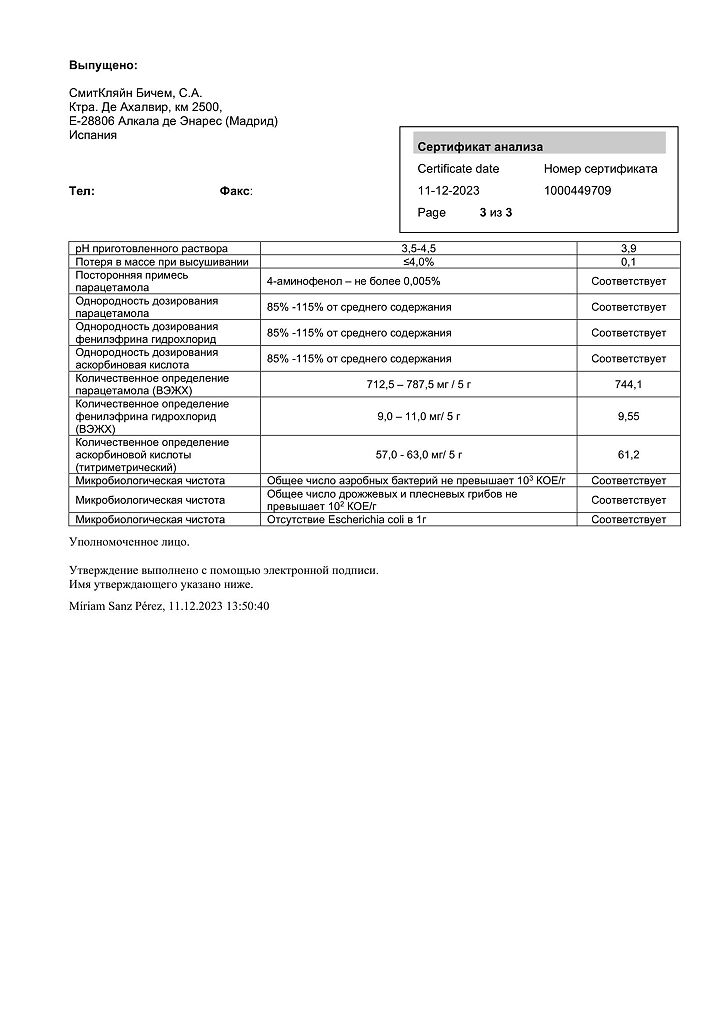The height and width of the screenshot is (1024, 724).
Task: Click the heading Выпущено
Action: coord(103,65)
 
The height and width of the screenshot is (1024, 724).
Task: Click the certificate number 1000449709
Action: coord(577,190)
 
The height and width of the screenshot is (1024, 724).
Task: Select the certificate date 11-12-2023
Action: coord(450,190)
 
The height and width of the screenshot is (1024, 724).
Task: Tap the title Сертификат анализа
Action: coord(479,147)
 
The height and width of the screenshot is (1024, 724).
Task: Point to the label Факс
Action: coord(235,190)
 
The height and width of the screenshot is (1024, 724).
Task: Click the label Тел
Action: coord(82,190)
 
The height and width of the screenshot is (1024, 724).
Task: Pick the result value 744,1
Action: coord(628,384)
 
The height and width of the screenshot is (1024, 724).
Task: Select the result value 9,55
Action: coord(628,416)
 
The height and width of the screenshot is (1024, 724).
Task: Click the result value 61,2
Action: coord(628,455)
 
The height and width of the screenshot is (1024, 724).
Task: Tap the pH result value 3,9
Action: coord(628,248)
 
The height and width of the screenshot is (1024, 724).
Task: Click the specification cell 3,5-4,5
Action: coord(419,248)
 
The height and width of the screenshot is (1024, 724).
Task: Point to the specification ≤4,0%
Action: coord(419,261)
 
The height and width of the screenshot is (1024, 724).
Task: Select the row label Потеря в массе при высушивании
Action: coord(161,261)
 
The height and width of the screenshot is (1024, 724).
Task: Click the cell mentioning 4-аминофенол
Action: coord(353,281)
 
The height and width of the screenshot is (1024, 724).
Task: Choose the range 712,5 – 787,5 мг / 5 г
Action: coord(419,384)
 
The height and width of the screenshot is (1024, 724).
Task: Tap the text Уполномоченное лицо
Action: coord(128,541)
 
